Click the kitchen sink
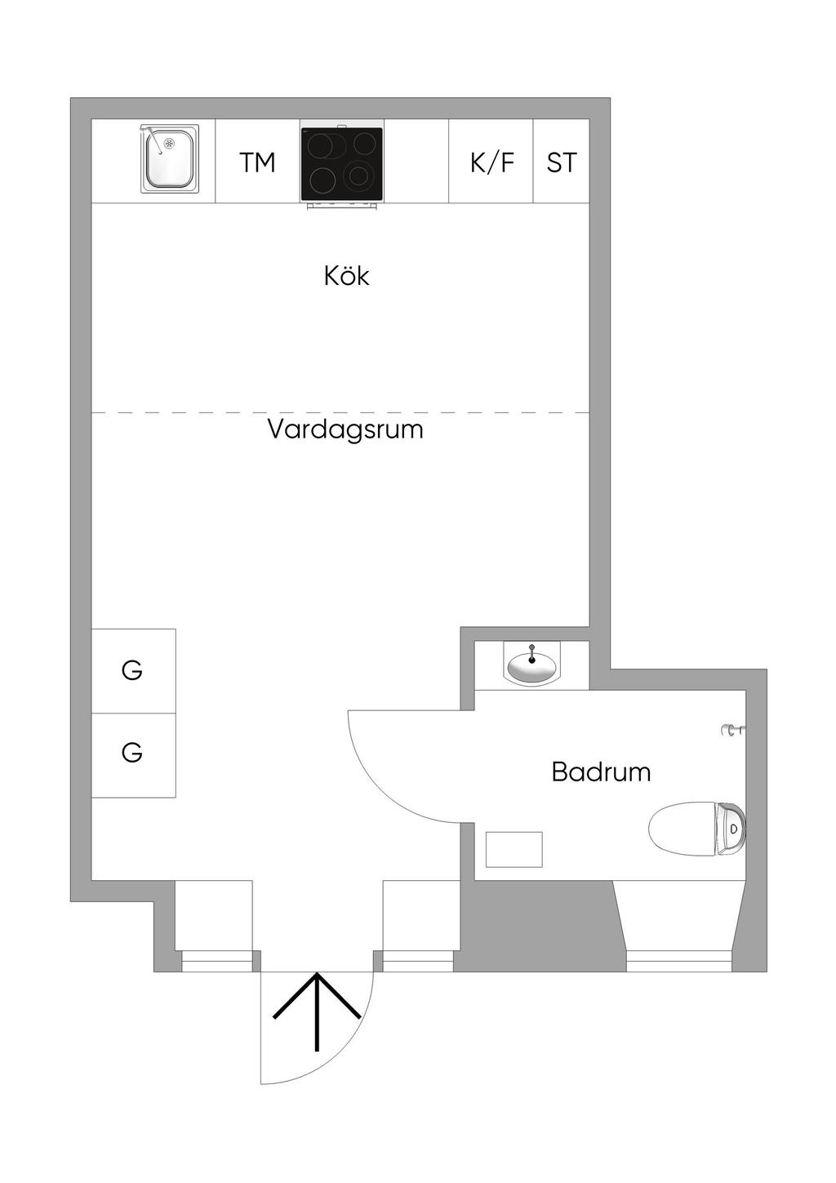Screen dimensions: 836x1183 (170, 158)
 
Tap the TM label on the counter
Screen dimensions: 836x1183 (257, 162)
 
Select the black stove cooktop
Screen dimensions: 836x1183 (342, 164)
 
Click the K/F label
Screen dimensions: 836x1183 (491, 162)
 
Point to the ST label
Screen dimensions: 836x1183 (562, 162)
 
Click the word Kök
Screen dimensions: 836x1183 (346, 275)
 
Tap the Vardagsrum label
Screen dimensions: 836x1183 (345, 429)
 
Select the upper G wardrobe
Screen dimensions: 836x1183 (134, 671)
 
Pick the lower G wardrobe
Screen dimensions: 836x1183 (134, 755)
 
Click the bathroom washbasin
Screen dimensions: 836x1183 (531, 665)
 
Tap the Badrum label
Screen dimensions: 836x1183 (601, 772)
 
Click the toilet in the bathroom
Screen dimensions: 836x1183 (696, 829)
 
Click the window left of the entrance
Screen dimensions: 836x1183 (216, 961)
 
